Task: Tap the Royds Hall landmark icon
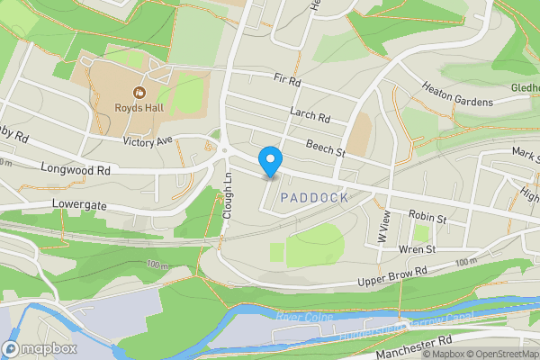coord(139,91)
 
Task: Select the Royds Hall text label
coord(139,110)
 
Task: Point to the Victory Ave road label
coord(148,140)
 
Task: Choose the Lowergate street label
coord(79,206)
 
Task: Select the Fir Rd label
coord(288,80)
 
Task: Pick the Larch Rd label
coord(310,116)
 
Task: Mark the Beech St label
coord(325,148)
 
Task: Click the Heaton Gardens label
coord(457,94)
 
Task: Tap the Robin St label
coord(427,217)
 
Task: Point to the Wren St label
coord(417,248)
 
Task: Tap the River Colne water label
coord(304,318)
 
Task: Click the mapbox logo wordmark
coord(40,348)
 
